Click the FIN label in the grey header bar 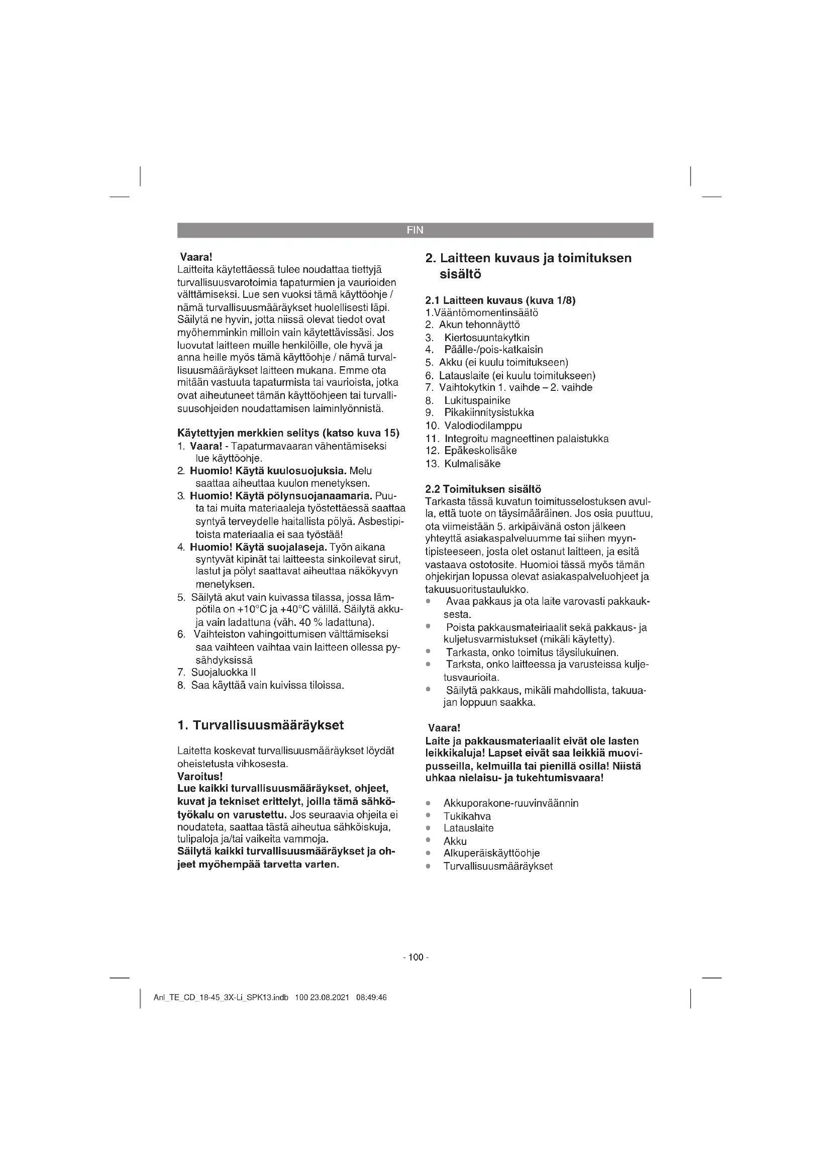415,230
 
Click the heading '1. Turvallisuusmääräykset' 260,725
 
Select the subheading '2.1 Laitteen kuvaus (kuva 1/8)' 500,300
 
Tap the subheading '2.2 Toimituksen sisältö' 483,489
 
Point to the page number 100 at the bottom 416,957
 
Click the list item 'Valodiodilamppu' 483,426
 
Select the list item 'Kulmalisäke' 472,464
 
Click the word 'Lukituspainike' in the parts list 477,400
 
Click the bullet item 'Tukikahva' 467,816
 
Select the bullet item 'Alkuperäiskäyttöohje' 491,853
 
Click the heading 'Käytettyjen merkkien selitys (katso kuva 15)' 288,433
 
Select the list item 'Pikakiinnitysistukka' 489,412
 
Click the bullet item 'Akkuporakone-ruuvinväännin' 510,803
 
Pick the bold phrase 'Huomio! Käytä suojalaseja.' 258,547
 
